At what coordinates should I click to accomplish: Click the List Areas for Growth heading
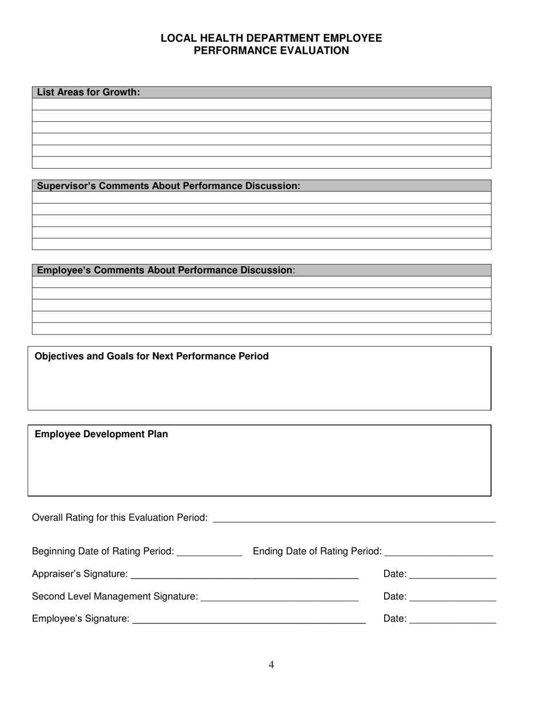pos(88,92)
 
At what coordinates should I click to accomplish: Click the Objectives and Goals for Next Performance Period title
pos(151,356)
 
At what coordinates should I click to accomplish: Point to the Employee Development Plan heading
pos(101,434)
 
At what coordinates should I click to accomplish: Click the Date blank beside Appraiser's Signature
pos(453,576)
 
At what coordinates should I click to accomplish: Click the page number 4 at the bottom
pos(271,664)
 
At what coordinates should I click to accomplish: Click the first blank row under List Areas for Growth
pos(261,104)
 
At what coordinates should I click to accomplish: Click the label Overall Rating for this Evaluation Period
pos(119,517)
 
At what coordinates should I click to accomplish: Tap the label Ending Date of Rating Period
pos(317,551)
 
